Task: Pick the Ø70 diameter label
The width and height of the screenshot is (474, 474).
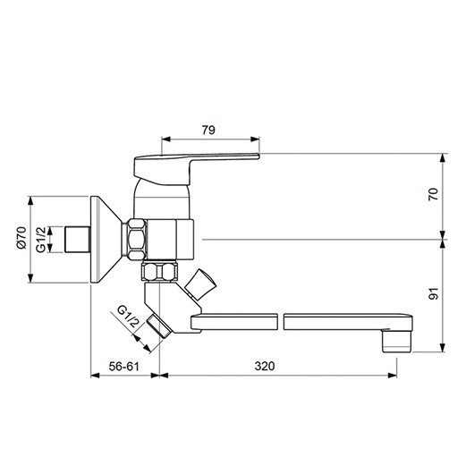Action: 21,240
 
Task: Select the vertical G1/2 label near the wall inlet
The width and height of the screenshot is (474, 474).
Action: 41,240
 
